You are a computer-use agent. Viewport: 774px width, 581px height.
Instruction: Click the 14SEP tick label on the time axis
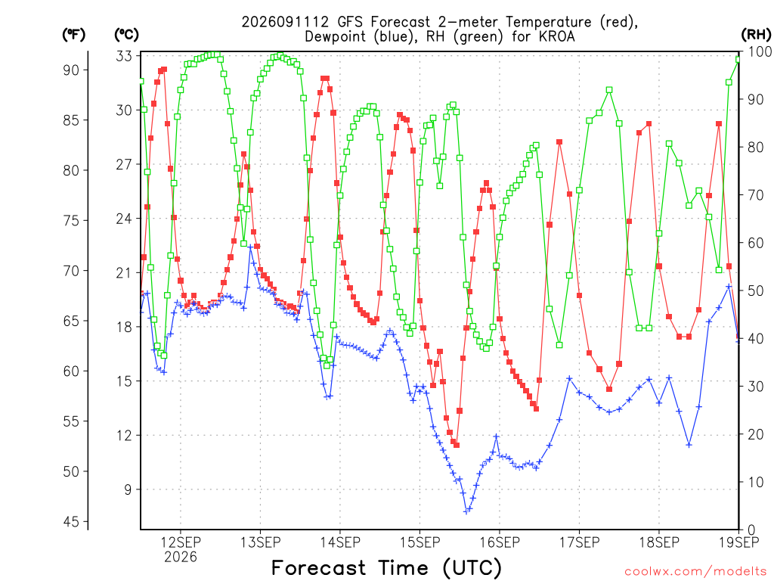pyautogui.click(x=340, y=542)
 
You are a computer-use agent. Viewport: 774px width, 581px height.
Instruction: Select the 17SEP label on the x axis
pyautogui.click(x=580, y=542)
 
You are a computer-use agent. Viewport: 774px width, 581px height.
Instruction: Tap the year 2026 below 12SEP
pyautogui.click(x=180, y=558)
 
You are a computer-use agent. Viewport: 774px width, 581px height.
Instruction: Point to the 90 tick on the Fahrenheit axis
pyautogui.click(x=72, y=70)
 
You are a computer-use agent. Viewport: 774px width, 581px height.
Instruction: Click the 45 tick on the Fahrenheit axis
pyautogui.click(x=72, y=522)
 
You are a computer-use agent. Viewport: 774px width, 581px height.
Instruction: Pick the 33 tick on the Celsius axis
pyautogui.click(x=125, y=56)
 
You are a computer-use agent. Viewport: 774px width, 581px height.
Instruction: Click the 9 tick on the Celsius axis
pyautogui.click(x=128, y=489)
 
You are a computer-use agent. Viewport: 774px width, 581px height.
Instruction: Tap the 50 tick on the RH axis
pyautogui.click(x=757, y=291)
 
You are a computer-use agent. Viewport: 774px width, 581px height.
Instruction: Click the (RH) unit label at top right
pyautogui.click(x=756, y=35)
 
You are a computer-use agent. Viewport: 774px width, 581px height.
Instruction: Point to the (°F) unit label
pyautogui.click(x=73, y=35)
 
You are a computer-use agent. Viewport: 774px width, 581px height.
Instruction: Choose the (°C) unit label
pyautogui.click(x=127, y=35)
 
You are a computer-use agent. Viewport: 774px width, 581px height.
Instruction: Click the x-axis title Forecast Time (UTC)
pyautogui.click(x=386, y=568)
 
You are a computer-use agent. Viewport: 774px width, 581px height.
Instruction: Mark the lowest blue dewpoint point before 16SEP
pyautogui.click(x=466, y=512)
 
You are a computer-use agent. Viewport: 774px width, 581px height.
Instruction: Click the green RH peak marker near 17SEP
pyautogui.click(x=609, y=90)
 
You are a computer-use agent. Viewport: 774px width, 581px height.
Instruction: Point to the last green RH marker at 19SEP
pyautogui.click(x=738, y=60)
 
